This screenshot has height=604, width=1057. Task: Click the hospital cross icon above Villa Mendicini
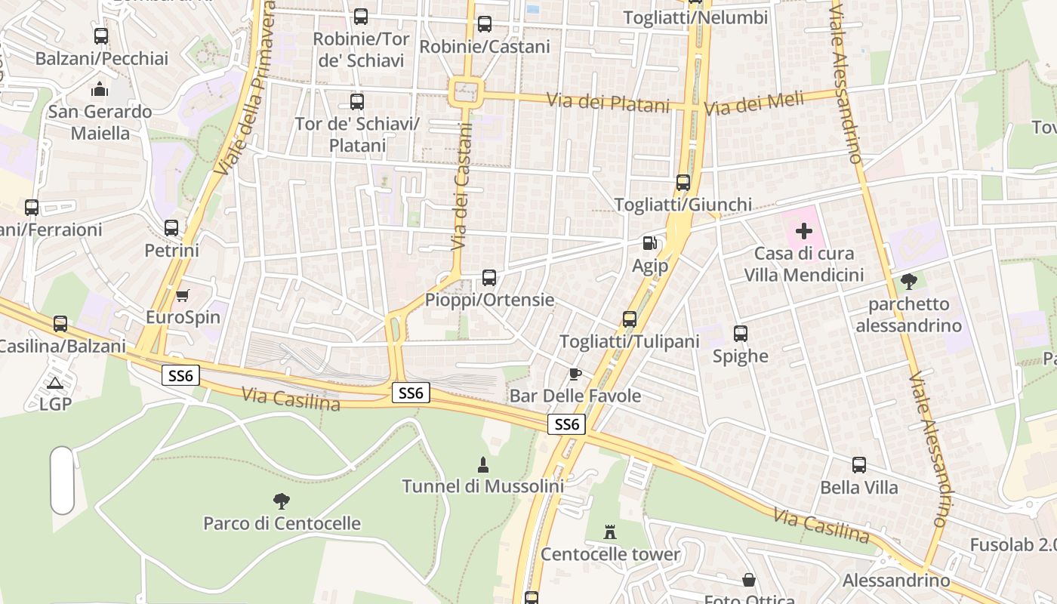click(804, 231)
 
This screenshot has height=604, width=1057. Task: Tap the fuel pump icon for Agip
click(649, 243)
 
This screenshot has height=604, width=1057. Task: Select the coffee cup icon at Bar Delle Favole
click(575, 374)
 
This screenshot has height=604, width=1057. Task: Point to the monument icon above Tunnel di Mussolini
click(483, 464)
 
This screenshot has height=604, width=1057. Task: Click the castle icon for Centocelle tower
click(610, 532)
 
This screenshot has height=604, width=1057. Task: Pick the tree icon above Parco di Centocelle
click(282, 501)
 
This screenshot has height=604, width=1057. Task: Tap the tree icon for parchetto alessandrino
click(909, 282)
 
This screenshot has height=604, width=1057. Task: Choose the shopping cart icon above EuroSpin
click(182, 295)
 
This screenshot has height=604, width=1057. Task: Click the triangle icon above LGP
click(54, 383)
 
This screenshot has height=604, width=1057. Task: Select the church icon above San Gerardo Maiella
click(100, 90)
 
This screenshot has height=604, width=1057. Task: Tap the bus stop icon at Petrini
click(171, 228)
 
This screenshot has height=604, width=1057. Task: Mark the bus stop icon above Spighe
click(741, 334)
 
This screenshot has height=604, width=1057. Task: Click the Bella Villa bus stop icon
click(859, 465)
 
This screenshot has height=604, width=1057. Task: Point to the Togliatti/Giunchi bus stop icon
click(683, 183)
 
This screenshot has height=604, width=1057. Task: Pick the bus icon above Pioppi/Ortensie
click(489, 278)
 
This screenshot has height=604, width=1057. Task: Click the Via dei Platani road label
click(608, 102)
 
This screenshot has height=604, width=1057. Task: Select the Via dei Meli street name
click(763, 103)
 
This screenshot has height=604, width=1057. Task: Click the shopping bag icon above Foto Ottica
click(749, 580)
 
